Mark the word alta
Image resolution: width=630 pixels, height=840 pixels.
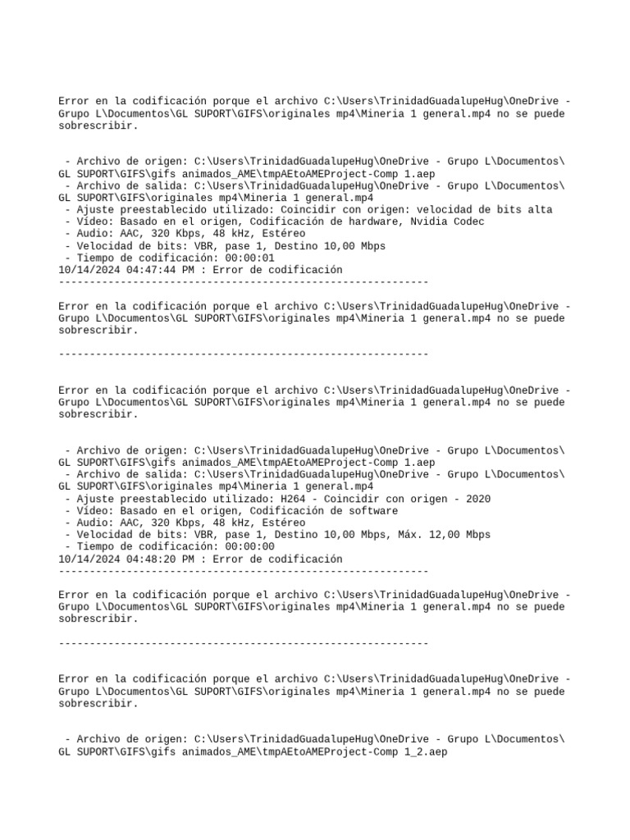540,209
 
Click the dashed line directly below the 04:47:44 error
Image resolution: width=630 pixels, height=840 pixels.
244,282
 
